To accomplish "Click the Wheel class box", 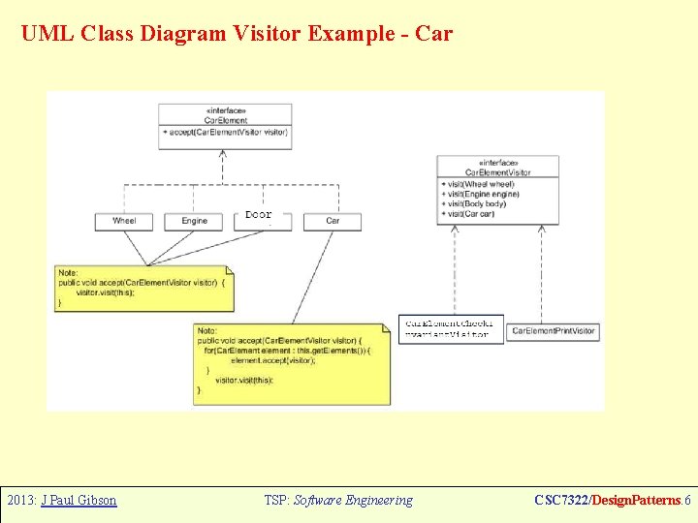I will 124,221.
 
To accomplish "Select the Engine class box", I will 194,221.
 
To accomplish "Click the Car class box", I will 333,221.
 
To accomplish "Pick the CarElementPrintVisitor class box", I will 554,331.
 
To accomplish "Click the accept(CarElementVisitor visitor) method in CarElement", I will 225,132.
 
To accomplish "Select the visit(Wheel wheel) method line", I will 478,184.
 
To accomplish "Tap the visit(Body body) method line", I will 476,204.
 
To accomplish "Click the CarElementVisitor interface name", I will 498,171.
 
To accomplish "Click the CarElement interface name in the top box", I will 225,120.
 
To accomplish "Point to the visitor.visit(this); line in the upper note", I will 106,292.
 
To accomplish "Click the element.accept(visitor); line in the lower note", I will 273,360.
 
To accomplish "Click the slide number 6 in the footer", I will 687,501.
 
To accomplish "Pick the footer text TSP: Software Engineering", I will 337,501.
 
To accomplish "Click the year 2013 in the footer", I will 20,501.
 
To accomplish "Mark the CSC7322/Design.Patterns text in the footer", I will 608,501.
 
